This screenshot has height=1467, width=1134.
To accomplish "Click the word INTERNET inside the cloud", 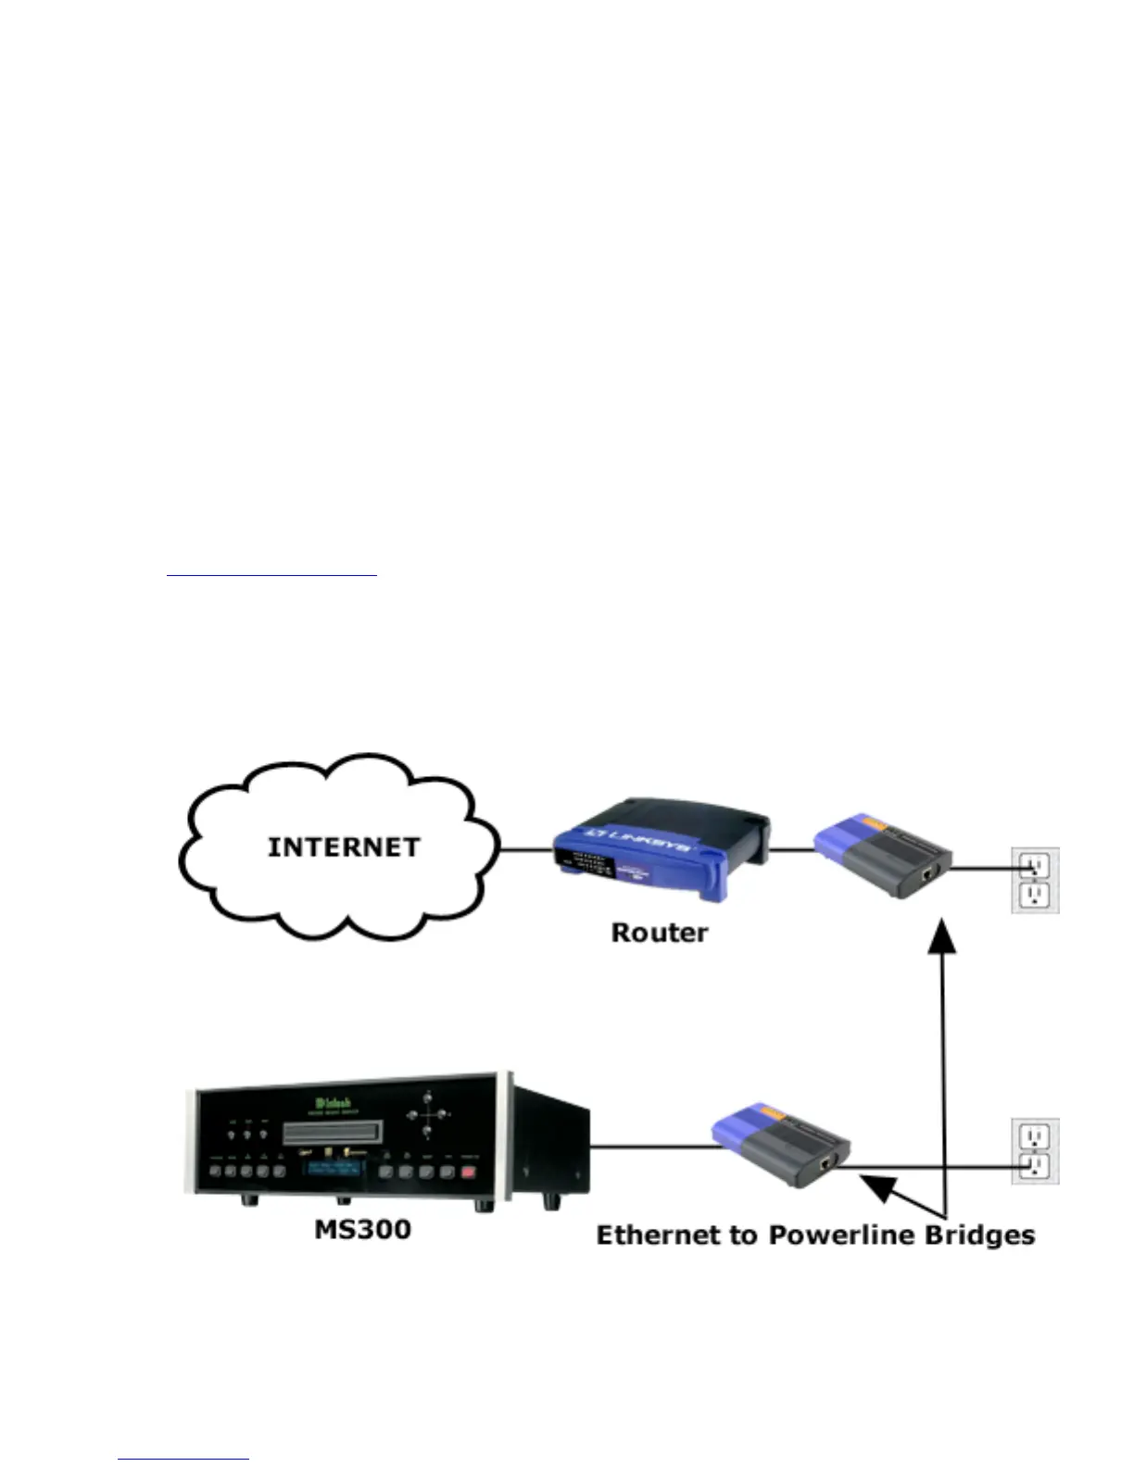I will pyautogui.click(x=343, y=847).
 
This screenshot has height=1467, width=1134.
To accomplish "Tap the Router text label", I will pyautogui.click(x=659, y=932).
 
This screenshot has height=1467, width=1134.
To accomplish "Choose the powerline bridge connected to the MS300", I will pyautogui.click(x=781, y=1145).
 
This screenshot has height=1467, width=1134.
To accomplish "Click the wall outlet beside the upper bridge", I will pyautogui.click(x=1034, y=880).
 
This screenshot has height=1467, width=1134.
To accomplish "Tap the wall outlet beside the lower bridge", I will pyautogui.click(x=1034, y=1150).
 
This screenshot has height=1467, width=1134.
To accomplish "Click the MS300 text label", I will pyautogui.click(x=362, y=1229).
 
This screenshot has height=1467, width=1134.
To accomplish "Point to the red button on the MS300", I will pyautogui.click(x=468, y=1172).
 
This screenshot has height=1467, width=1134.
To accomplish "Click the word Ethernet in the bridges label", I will pyautogui.click(x=661, y=1235).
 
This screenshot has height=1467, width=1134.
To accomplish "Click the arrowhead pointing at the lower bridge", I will pyautogui.click(x=878, y=1185).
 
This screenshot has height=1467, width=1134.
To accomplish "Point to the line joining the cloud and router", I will pyautogui.click(x=526, y=848).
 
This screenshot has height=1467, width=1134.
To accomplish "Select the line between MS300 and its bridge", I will pyautogui.click(x=653, y=1147).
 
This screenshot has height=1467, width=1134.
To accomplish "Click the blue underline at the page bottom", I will pyautogui.click(x=183, y=1460).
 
